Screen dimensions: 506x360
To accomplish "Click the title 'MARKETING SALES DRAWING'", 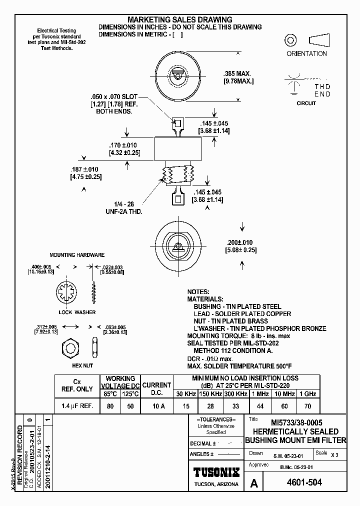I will pyautogui.click(x=180, y=19).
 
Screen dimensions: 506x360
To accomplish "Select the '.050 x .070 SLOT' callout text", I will pyautogui.click(x=113, y=96).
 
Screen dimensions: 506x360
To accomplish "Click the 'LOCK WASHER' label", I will pyautogui.click(x=77, y=312).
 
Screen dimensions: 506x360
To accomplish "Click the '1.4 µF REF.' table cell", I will pyautogui.click(x=77, y=406).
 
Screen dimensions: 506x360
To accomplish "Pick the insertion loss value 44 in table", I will pyautogui.click(x=259, y=406).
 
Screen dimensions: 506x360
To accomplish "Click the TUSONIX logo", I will pyautogui.click(x=216, y=472).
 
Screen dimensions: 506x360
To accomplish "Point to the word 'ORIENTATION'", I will pyautogui.click(x=306, y=53).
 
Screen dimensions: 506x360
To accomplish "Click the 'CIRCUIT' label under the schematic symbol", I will pyautogui.click(x=306, y=103).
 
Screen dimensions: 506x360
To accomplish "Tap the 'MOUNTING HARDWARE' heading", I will pyautogui.click(x=77, y=254).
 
